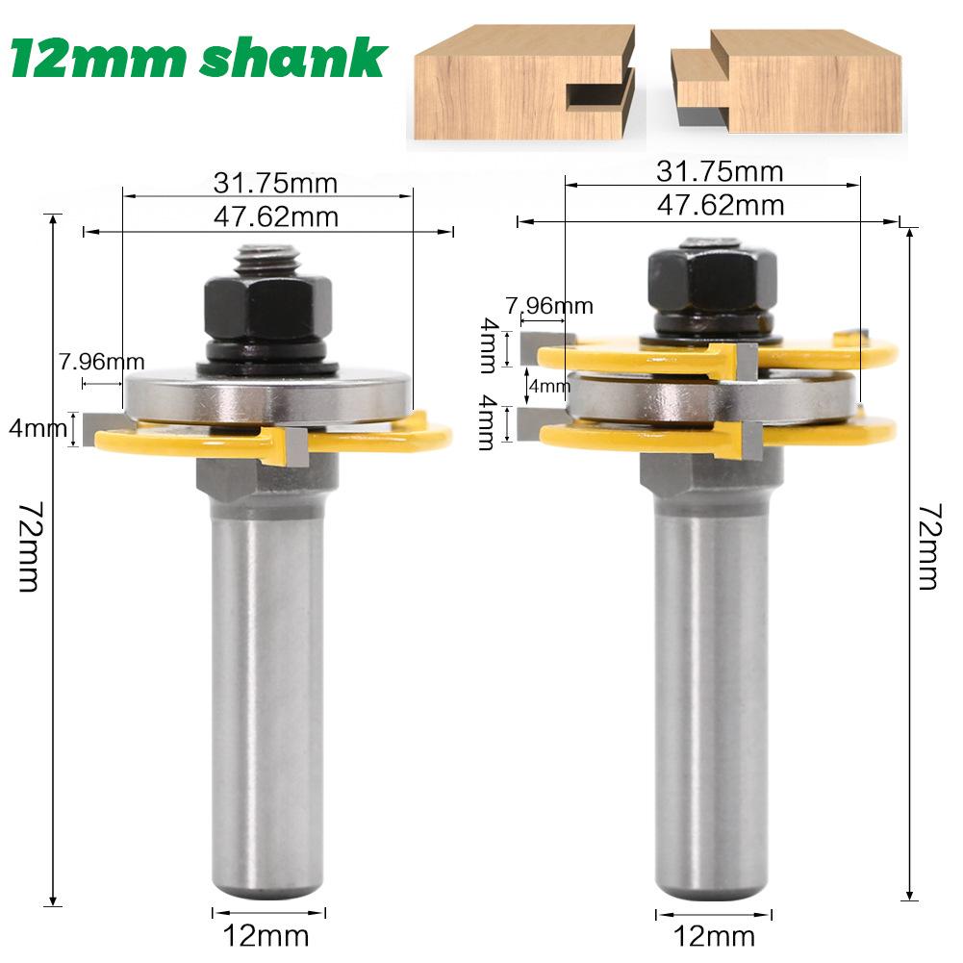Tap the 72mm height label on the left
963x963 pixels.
(26, 547)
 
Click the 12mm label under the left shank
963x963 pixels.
(266, 934)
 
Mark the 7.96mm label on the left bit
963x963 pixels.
(101, 362)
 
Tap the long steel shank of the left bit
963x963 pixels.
(267, 673)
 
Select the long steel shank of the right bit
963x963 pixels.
(712, 673)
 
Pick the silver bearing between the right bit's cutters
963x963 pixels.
(712, 395)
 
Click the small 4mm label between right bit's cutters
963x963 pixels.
(549, 386)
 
